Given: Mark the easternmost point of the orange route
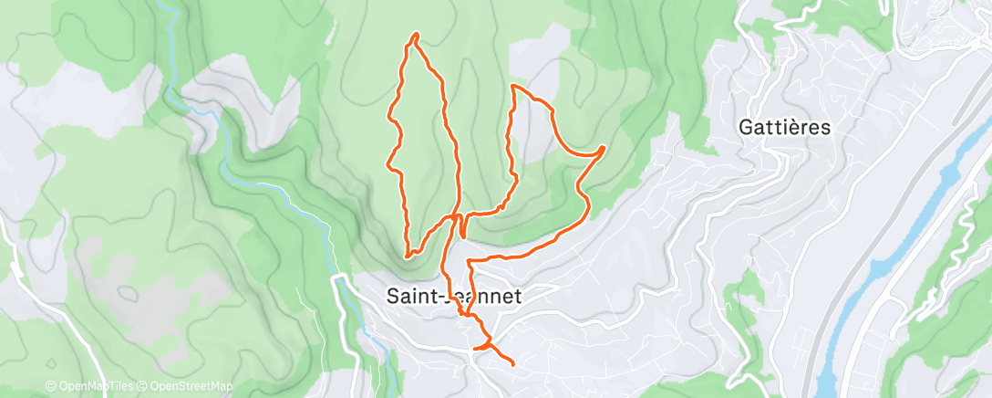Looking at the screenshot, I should pos(604,147).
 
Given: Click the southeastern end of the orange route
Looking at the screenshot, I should pos(512,364).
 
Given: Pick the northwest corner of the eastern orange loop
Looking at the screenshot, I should pos(514,86).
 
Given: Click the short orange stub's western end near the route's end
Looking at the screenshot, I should pos(473,349).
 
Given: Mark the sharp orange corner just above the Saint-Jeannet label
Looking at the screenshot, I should pos(469,262).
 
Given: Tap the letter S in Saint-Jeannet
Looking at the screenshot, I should pos(393,297).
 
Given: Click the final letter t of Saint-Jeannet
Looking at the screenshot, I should pos(517,297).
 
